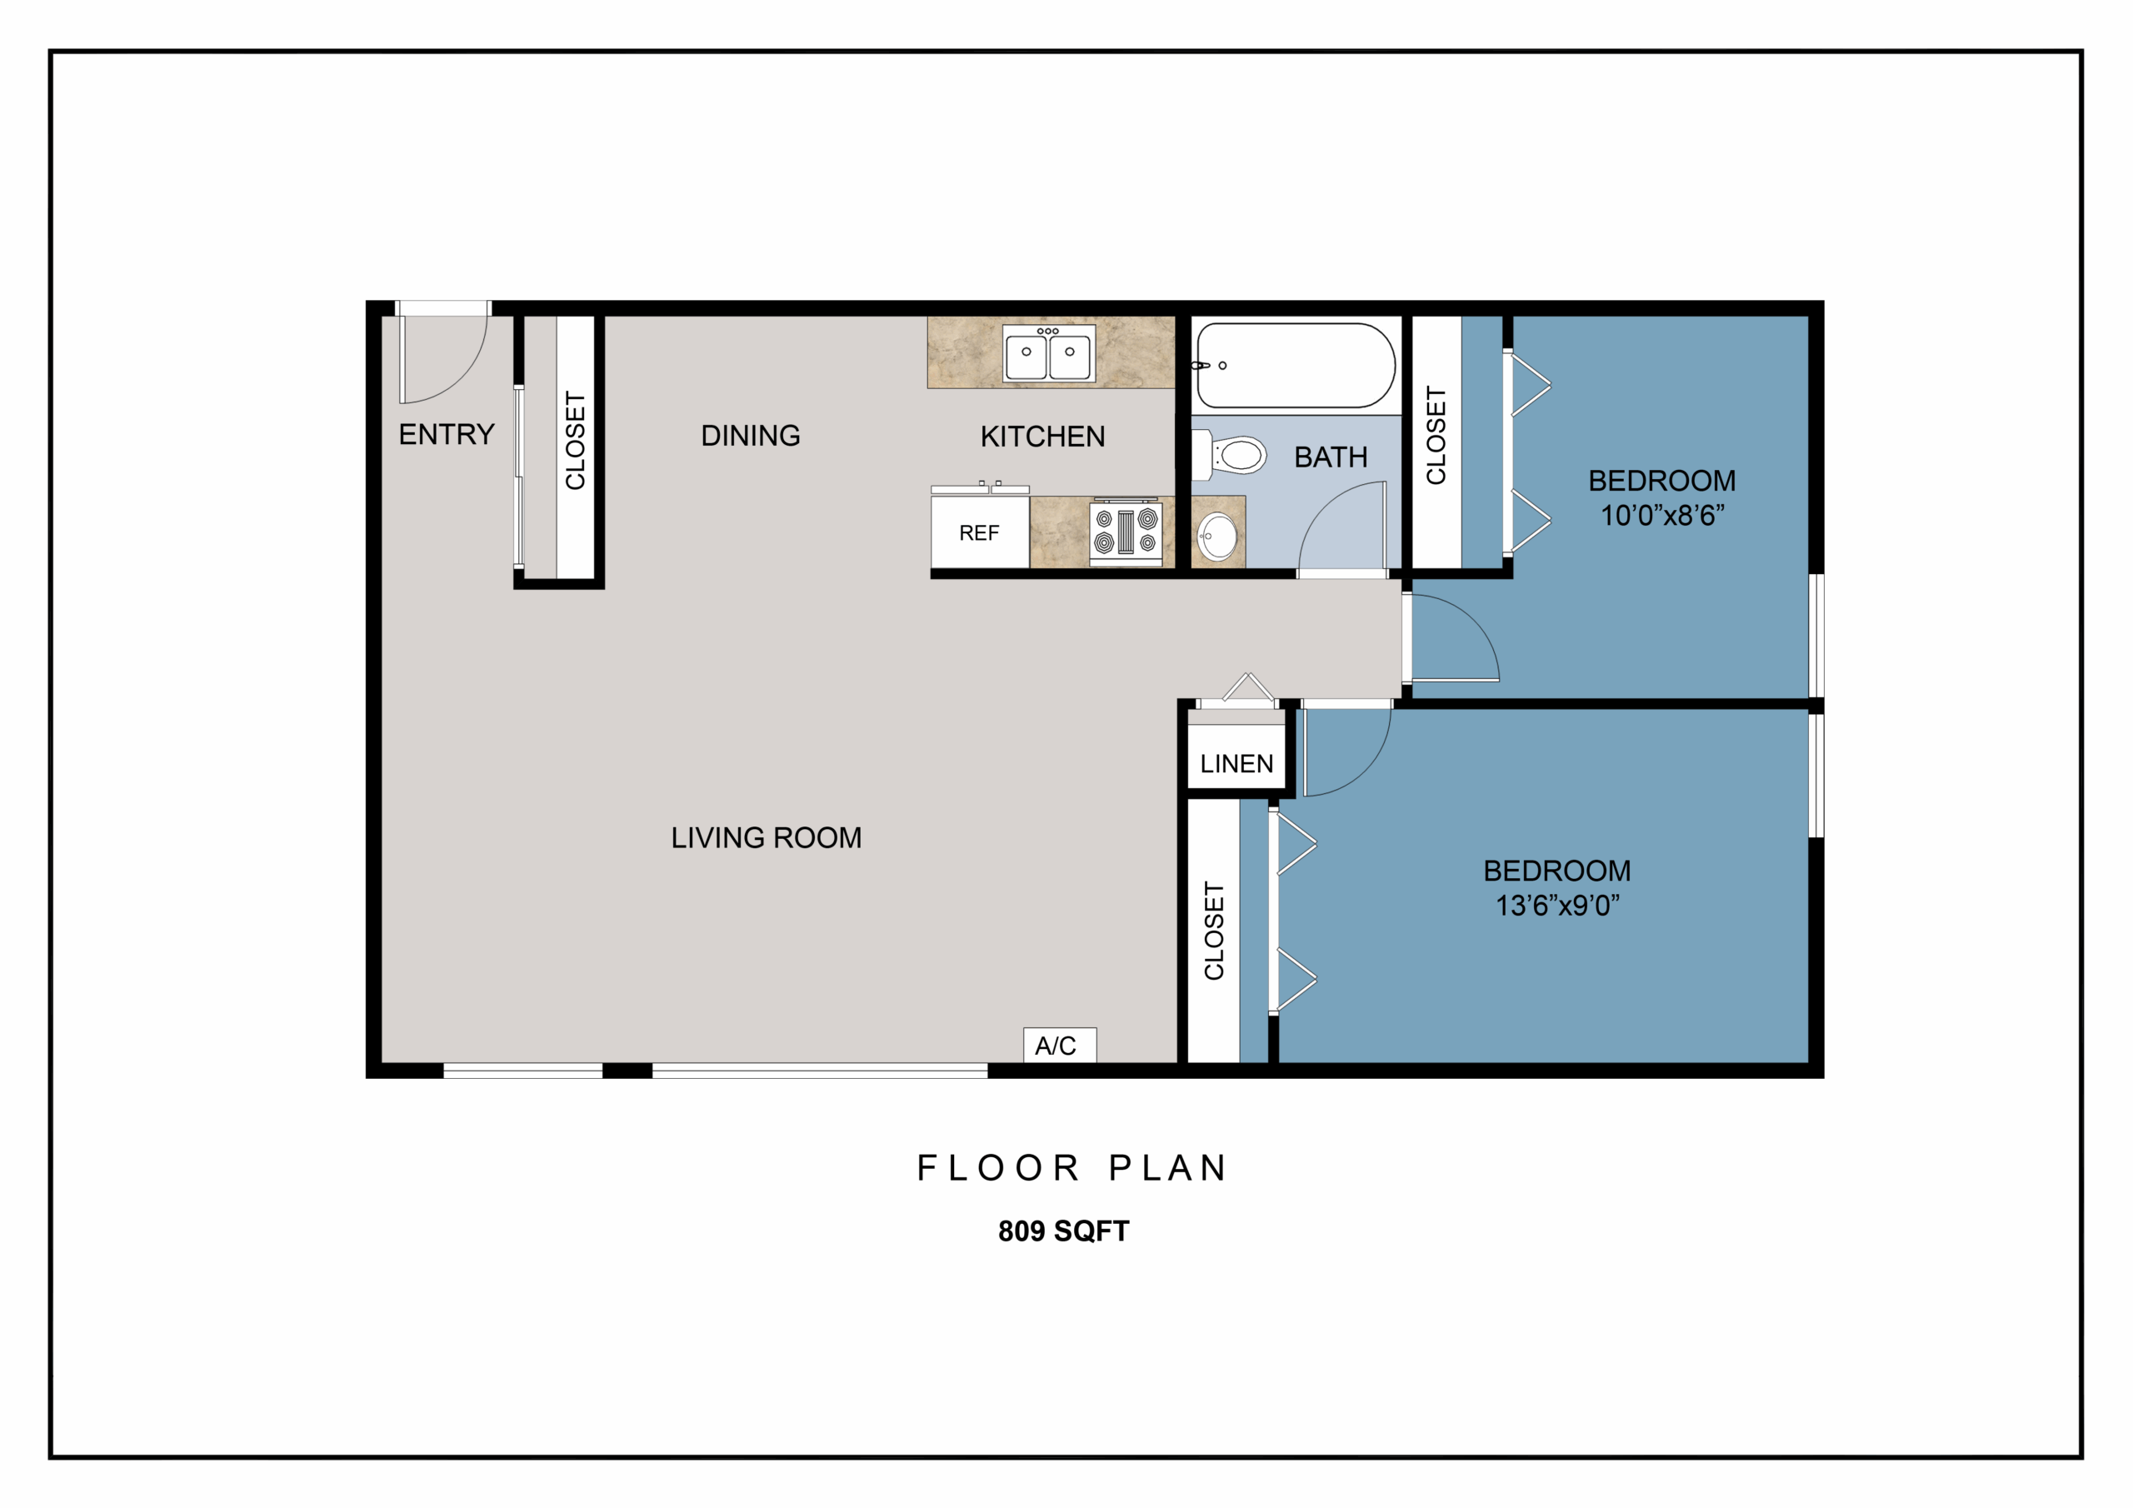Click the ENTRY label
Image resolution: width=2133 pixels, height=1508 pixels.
tap(446, 435)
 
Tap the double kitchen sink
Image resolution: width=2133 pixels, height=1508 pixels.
tap(1049, 353)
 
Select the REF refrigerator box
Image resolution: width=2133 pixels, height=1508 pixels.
tap(980, 532)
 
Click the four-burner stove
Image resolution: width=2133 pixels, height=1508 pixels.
tap(1126, 532)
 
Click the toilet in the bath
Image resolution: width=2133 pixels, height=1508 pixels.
tap(1230, 455)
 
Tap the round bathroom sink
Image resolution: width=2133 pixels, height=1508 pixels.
tap(1217, 536)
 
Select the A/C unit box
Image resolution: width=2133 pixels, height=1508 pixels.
tap(1059, 1046)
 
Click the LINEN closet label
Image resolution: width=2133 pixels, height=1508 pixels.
tap(1236, 764)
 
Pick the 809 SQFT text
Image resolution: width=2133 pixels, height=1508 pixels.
tap(1064, 1231)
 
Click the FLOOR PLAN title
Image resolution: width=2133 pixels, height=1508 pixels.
tap(1072, 1168)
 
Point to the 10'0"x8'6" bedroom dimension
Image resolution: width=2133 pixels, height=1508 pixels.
tap(1662, 515)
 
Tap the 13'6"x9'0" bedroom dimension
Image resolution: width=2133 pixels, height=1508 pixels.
tap(1557, 905)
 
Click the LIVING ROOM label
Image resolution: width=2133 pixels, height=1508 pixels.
tap(767, 838)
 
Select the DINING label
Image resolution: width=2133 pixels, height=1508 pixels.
tap(751, 436)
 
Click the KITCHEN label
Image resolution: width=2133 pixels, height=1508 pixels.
tap(1042, 437)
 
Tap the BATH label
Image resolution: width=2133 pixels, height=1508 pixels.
tap(1331, 457)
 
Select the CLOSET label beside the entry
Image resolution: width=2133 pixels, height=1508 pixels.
tap(576, 441)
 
